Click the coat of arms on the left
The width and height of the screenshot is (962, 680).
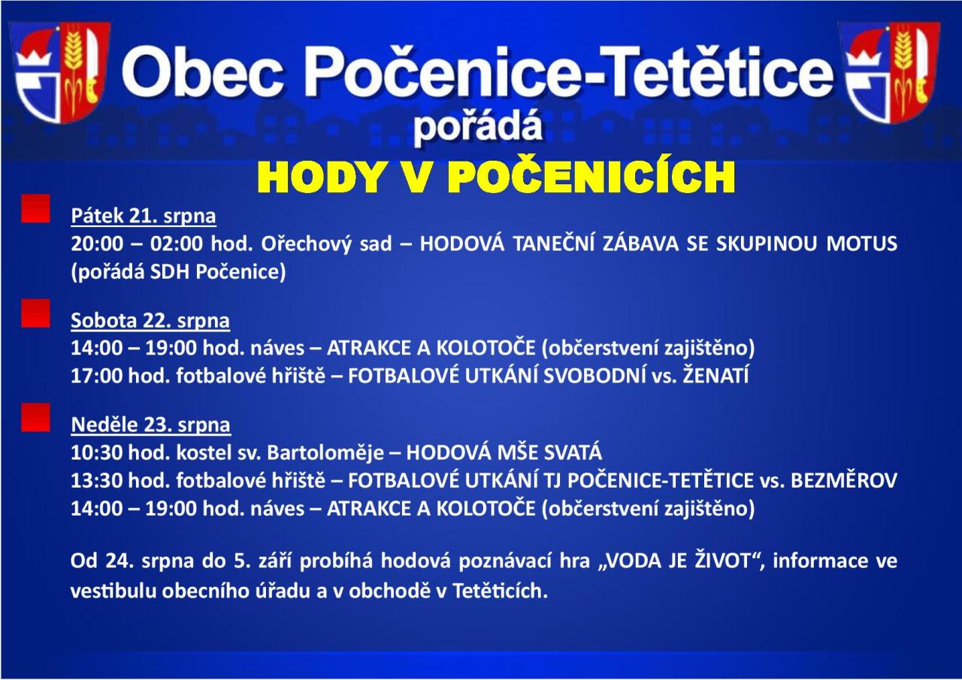click(59, 72)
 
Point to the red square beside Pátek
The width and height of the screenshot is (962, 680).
click(35, 209)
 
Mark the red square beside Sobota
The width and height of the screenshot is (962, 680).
click(35, 313)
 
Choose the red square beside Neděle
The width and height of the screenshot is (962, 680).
click(35, 417)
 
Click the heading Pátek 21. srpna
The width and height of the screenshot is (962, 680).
click(144, 216)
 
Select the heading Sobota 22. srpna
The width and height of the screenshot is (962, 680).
click(150, 320)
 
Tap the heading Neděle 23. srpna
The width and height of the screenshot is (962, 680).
click(151, 425)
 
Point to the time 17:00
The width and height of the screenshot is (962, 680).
click(97, 376)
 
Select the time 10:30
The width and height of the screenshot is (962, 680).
click(97, 452)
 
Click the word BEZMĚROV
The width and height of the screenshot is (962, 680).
click(844, 479)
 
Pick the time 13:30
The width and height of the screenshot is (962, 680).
click(97, 481)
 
